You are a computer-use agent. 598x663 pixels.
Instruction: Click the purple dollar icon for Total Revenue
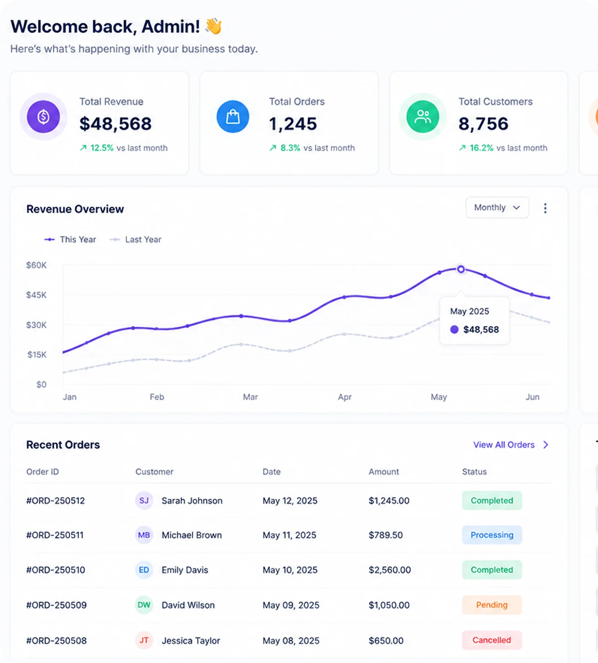pos(43,117)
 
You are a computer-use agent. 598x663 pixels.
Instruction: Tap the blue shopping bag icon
pos(233,117)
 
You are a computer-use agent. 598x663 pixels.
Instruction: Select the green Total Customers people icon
pos(423,117)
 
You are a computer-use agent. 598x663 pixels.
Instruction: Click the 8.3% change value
pos(290,148)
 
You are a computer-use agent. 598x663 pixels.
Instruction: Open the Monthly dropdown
pos(497,207)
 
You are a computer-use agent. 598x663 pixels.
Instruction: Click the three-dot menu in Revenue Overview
pos(545,208)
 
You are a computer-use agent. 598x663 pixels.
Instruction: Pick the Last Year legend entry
pos(135,239)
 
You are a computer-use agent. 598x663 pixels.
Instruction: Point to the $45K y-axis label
pos(36,295)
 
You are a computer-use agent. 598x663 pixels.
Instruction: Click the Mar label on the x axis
pos(250,397)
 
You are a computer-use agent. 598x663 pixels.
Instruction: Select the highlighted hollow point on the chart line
pos(461,269)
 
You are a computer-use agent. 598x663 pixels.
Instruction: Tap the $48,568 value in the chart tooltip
pos(481,330)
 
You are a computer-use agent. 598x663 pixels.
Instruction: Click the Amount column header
pos(384,471)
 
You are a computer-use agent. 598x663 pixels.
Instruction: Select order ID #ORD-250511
pos(55,535)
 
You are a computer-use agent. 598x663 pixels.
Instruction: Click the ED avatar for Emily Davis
pos(144,570)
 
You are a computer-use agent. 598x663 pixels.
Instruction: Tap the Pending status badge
pos(492,605)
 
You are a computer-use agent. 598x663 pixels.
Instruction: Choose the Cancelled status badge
pos(492,640)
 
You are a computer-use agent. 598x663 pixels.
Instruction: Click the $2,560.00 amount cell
pos(390,570)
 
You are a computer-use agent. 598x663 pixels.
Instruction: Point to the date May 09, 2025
pos(291,605)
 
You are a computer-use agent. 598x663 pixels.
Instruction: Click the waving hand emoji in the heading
pos(213,26)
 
